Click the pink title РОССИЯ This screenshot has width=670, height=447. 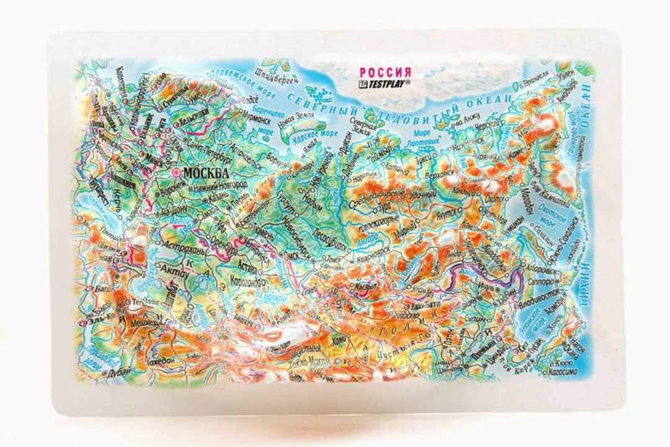(385, 73)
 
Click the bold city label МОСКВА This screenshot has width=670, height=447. (205, 173)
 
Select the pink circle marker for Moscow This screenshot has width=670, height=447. (178, 173)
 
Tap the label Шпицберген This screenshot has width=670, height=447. (280, 79)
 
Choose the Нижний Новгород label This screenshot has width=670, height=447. (214, 184)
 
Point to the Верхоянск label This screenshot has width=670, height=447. (438, 175)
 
